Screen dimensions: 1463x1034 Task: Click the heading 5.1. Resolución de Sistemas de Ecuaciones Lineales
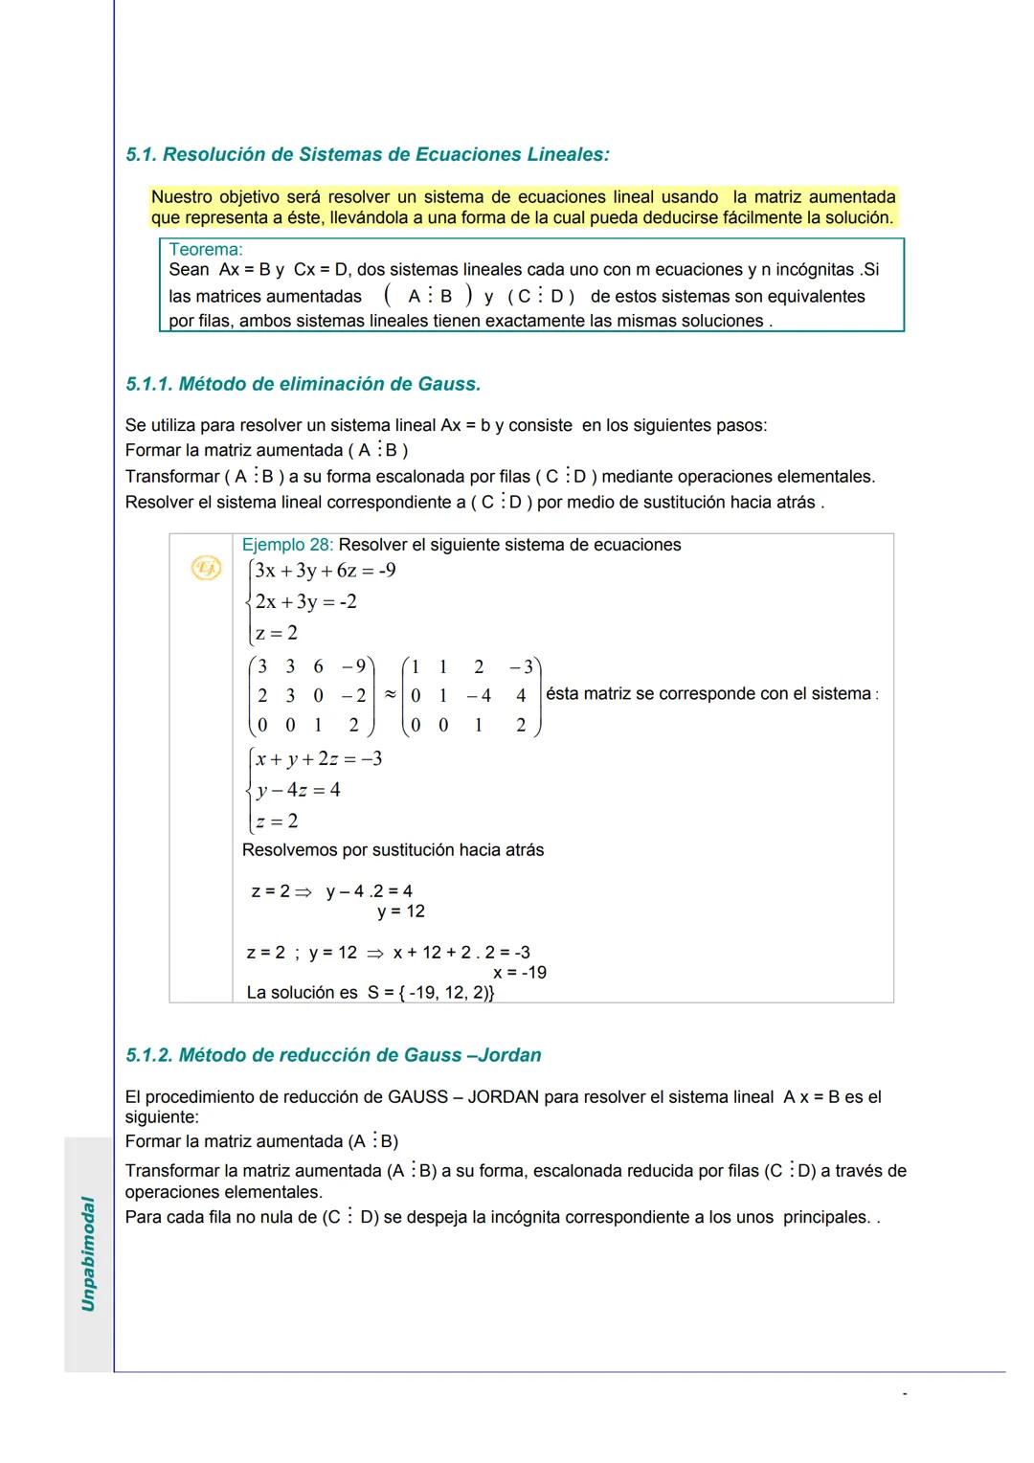click(368, 154)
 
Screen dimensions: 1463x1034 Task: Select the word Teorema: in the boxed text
click(206, 250)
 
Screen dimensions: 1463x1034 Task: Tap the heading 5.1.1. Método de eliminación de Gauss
click(303, 384)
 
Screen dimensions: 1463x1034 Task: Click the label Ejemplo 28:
click(287, 545)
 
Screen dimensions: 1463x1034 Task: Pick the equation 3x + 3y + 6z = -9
click(326, 571)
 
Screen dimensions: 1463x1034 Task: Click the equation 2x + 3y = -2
click(305, 601)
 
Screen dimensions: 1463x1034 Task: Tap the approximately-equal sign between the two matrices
click(390, 695)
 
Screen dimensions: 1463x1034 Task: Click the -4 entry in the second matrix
click(479, 696)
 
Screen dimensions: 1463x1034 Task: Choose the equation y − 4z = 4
click(298, 790)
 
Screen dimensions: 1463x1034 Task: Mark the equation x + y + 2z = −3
click(319, 759)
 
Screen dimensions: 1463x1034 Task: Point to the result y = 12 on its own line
click(401, 912)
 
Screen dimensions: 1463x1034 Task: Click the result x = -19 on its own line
click(520, 973)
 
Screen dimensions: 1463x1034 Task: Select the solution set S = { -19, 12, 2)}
click(431, 993)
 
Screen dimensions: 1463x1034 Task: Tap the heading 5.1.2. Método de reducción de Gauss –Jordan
click(333, 1055)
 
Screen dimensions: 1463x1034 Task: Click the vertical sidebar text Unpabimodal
click(88, 1253)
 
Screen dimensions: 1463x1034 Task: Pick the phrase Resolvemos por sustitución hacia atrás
click(393, 850)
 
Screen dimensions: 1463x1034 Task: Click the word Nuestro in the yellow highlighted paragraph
click(182, 197)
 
